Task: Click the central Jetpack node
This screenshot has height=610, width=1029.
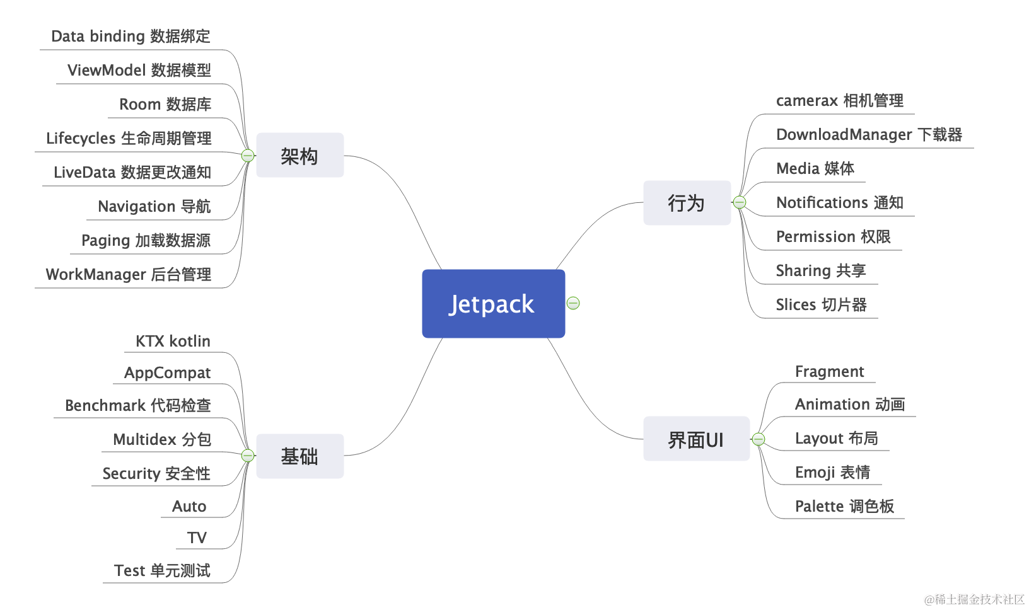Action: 493,304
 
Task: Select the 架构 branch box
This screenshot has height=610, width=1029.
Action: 299,155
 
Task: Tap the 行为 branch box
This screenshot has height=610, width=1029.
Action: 687,203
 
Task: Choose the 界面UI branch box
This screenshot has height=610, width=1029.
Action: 696,439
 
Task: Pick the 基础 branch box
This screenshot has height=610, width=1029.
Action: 299,456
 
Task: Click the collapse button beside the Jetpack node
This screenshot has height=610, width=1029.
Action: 573,303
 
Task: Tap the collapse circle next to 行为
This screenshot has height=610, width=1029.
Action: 740,202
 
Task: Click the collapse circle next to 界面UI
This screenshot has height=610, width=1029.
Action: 759,439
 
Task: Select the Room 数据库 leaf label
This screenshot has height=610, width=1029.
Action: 165,104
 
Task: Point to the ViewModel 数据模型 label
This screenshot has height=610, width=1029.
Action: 139,70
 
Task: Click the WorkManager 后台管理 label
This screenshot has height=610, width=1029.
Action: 128,274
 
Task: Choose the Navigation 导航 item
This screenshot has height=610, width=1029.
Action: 154,206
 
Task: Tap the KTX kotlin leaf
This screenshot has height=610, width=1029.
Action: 173,341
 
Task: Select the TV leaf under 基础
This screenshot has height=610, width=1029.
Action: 197,538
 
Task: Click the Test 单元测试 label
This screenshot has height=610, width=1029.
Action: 162,570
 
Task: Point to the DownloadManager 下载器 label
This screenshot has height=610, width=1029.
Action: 869,134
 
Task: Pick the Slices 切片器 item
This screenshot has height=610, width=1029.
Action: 821,304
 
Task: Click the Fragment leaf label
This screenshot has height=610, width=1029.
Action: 829,371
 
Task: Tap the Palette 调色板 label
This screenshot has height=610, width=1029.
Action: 844,506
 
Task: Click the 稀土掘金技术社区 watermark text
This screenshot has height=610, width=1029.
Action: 975,599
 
